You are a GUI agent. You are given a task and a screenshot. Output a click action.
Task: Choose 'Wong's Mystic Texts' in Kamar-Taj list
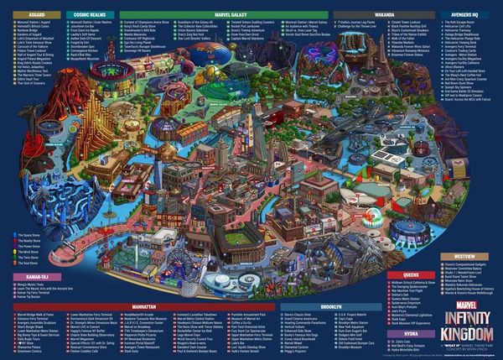tap(27, 284)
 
